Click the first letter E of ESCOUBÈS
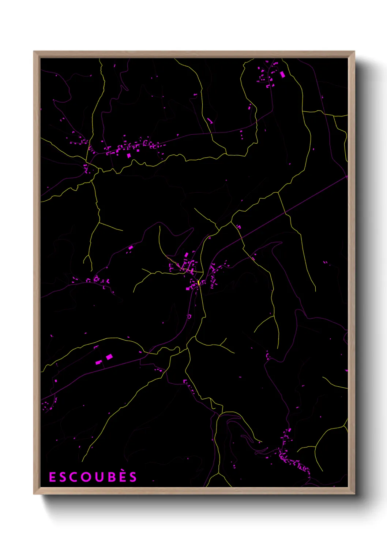[52, 477]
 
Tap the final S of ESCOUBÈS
[133, 477]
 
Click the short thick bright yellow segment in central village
[198, 283]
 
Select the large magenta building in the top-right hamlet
[282, 75]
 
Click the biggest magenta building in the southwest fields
[109, 356]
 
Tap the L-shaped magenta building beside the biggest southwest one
[98, 363]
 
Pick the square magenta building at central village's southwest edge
[188, 289]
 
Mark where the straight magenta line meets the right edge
[347, 176]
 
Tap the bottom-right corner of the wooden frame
[354, 494]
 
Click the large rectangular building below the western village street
[128, 155]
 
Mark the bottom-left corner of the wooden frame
[34, 494]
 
